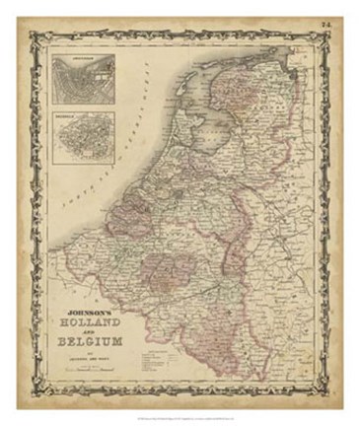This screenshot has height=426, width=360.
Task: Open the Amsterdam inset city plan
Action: pos(83,82)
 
